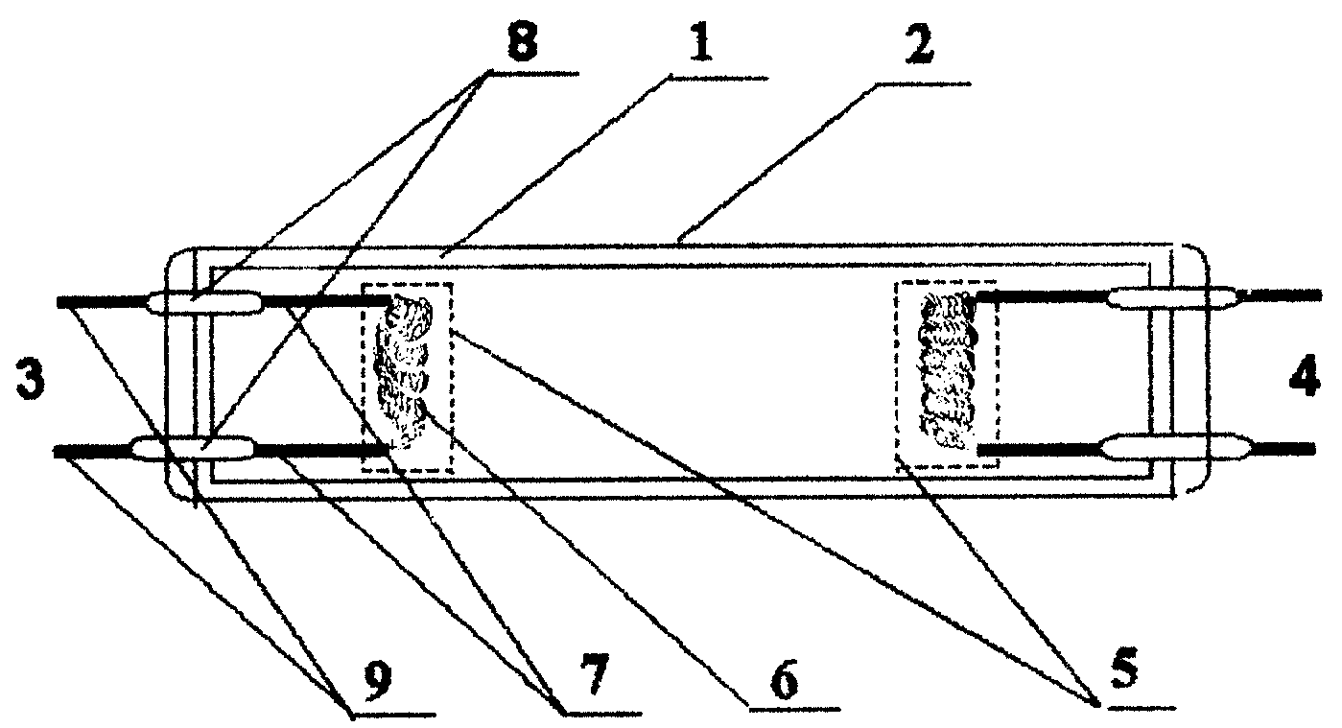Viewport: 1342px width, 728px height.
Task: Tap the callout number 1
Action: [699, 44]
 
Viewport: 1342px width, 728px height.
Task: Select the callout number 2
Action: [918, 45]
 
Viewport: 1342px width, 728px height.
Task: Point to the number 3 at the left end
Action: [30, 381]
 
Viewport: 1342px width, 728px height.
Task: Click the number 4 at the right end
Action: [1305, 376]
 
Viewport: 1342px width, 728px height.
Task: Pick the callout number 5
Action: [1124, 669]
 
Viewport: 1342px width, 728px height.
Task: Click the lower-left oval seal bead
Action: [193, 449]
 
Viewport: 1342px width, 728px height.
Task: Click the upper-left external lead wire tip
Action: [59, 302]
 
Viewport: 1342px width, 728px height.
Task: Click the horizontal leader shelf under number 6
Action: [794, 708]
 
